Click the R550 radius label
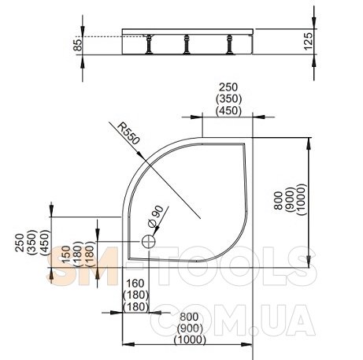pyautogui.click(x=128, y=134)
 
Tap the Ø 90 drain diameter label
pyautogui.click(x=156, y=217)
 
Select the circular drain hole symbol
pyautogui.click(x=149, y=242)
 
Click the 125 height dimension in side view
pyautogui.click(x=309, y=41)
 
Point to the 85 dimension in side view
pyautogui.click(x=78, y=45)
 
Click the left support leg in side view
pyautogui.click(x=149, y=44)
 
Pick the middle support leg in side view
pyautogui.click(x=187, y=44)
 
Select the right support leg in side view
pyautogui.click(x=230, y=44)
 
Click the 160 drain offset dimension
pyautogui.click(x=135, y=284)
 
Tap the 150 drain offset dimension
pyautogui.click(x=66, y=254)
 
